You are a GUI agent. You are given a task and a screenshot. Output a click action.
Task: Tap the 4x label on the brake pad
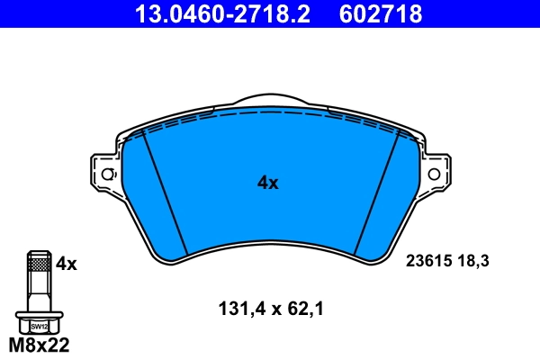[x=268, y=183]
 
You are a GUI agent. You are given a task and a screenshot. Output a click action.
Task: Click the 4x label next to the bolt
[x=67, y=264]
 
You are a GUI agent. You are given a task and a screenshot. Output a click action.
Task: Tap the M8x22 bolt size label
[x=39, y=345]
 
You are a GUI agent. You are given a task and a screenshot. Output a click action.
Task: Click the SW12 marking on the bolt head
[x=38, y=327]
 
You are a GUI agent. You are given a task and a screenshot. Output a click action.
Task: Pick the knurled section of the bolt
[x=38, y=264]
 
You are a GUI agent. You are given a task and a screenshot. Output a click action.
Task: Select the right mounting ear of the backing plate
[x=436, y=173]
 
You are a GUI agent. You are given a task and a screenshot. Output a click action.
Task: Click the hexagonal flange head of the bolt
[x=38, y=322]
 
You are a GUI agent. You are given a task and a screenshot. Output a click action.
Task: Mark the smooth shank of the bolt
[x=38, y=292]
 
